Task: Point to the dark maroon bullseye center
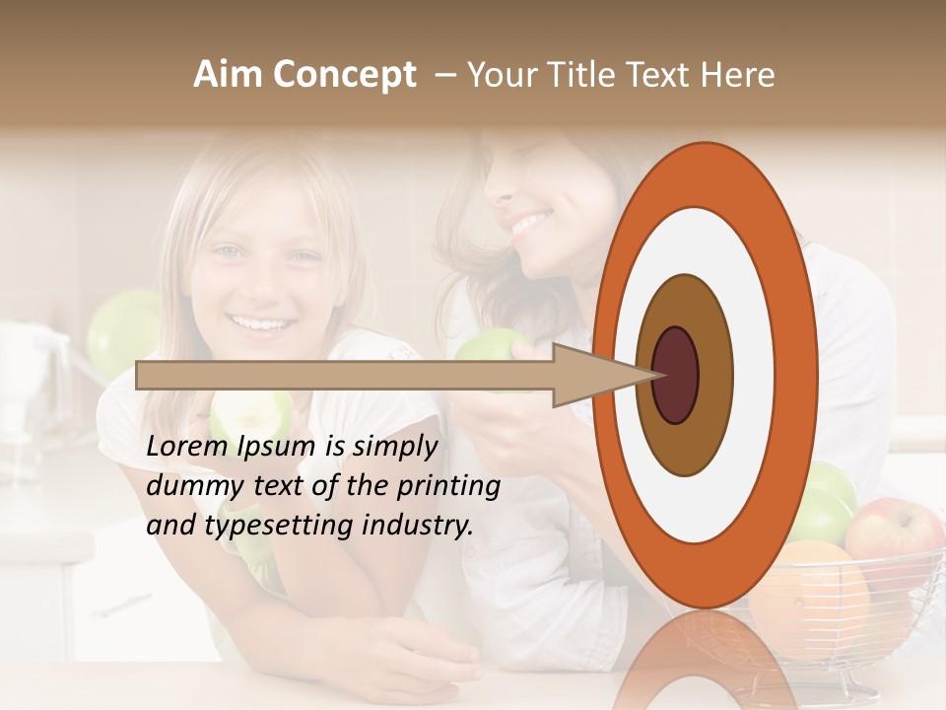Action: [675, 375]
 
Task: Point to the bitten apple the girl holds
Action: [251, 414]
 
